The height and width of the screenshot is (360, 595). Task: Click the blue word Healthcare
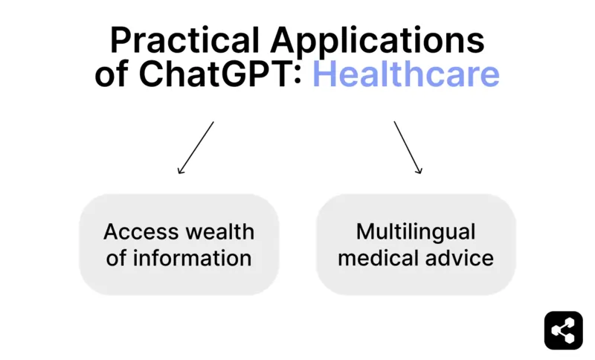[405, 74]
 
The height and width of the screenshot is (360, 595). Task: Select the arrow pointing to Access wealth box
[196, 148]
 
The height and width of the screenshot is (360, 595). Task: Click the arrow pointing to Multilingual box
[408, 148]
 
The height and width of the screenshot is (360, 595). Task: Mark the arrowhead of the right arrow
[419, 171]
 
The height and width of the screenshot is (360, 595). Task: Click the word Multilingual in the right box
[416, 231]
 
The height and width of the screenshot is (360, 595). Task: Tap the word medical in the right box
[382, 258]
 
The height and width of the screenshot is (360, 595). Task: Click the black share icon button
[563, 330]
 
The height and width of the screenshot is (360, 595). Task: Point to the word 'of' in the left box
[116, 258]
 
